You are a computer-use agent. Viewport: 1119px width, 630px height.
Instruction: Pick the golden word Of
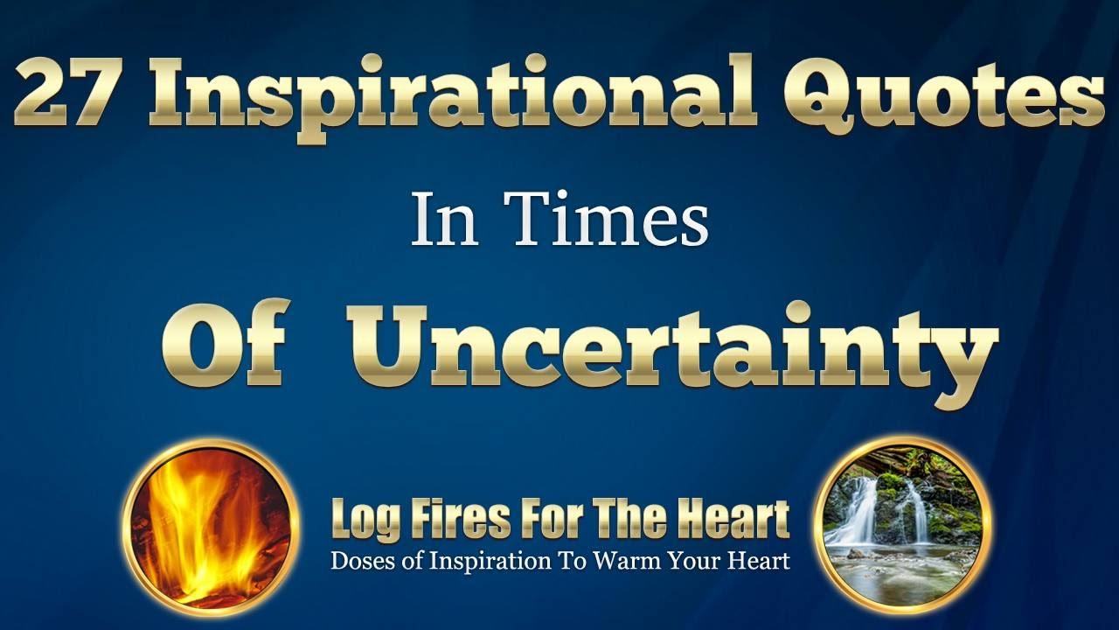pyautogui.click(x=225, y=346)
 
